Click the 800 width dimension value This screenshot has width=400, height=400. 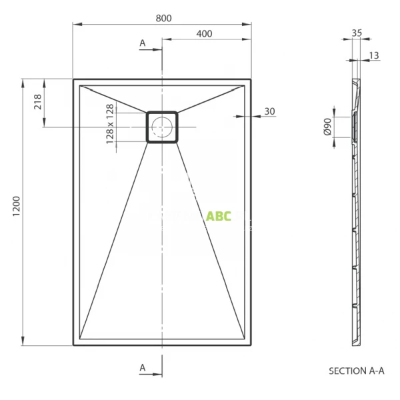point(162,18)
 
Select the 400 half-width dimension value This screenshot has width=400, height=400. point(205,33)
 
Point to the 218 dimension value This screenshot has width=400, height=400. point(37,103)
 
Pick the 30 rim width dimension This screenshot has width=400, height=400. point(269,111)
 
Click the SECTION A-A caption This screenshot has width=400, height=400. point(357,370)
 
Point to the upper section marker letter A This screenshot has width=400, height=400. point(142,43)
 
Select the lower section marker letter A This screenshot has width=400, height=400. point(142,367)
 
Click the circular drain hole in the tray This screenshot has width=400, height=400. point(162,126)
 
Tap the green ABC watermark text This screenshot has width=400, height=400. point(219,216)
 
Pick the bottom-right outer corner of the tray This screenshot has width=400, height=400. point(251,345)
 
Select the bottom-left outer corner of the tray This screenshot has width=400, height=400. point(73,345)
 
